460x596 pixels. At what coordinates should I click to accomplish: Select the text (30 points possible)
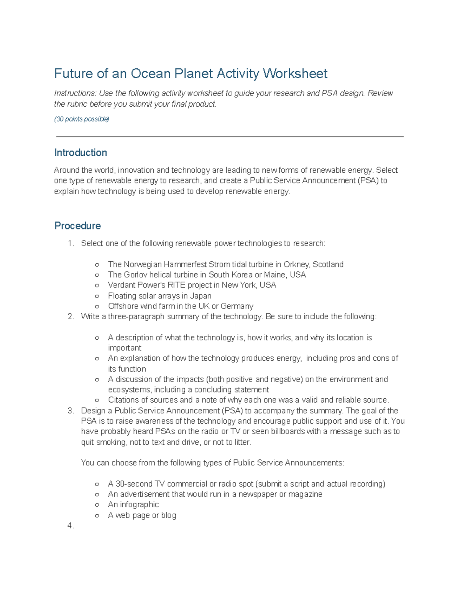pos(82,119)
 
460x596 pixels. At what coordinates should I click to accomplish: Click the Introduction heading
pos(80,153)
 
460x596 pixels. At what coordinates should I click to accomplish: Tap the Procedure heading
pos(77,226)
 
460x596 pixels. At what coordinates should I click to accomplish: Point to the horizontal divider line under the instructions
pos(230,136)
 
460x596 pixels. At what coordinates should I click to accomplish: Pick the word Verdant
pos(121,285)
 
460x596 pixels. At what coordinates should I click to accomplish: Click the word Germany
pos(237,306)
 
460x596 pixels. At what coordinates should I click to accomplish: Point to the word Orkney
pos(296,264)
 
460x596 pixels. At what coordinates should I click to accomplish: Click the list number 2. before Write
pos(71,317)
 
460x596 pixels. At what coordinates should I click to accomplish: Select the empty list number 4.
pos(71,526)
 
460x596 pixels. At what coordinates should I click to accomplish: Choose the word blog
pos(169,515)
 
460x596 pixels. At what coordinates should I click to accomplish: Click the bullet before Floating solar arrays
pos(97,296)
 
